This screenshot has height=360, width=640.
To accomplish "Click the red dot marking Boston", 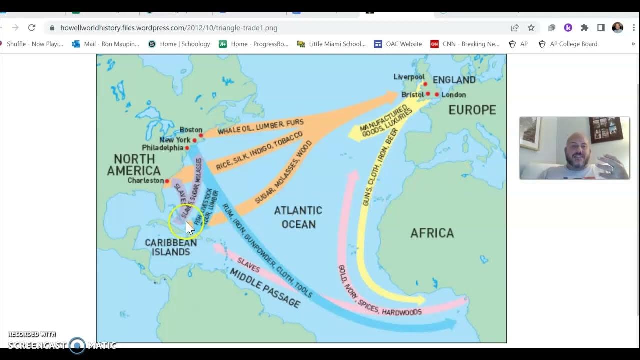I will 201,135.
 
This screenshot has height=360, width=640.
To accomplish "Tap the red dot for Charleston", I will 167,181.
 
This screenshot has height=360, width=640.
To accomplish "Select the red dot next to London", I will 437,94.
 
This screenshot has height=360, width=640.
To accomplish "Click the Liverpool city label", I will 408,77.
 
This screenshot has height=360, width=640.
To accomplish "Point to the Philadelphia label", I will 162,148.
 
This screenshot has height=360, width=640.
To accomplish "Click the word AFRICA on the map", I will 432,233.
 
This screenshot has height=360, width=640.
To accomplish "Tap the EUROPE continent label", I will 472,110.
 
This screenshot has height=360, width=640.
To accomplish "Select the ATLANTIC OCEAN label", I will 298,217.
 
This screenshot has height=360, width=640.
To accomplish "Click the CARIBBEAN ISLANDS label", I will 170,247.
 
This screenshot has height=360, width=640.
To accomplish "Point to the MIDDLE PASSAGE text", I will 265,287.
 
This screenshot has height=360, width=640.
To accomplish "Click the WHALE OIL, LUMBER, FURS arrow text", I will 260,127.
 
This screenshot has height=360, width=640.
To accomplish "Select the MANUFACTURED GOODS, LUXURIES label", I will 385,120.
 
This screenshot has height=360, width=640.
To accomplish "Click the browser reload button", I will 32,28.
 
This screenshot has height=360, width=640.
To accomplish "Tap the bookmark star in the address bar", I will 531,28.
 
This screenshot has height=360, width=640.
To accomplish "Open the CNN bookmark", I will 465,44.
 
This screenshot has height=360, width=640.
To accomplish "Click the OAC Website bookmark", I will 398,44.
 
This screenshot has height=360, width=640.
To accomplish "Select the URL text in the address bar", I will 169,28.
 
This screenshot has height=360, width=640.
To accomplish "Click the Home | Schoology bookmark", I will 179,44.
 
